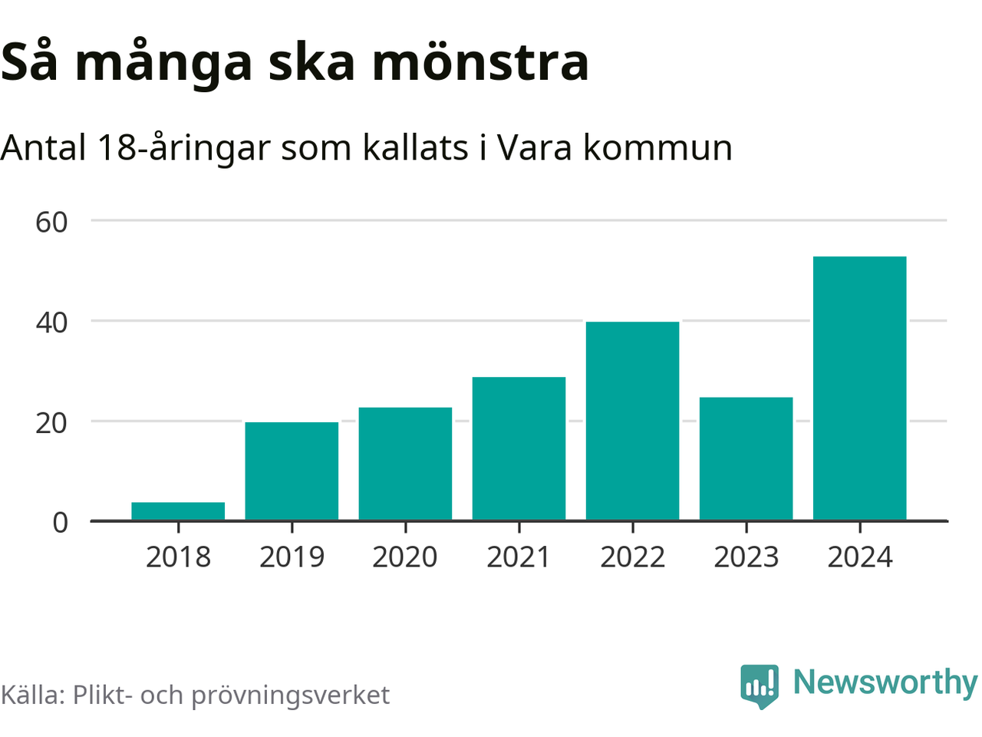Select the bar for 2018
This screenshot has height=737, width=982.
click(x=178, y=511)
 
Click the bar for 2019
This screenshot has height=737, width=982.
click(x=292, y=471)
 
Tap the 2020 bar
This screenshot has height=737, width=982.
click(x=405, y=464)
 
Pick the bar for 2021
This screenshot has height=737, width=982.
click(x=519, y=448)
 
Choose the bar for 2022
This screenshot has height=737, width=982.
click(x=632, y=421)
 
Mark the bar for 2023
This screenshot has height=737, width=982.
click(x=746, y=458)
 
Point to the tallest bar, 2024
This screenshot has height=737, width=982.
click(x=859, y=388)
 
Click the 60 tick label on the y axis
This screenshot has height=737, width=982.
click(x=51, y=222)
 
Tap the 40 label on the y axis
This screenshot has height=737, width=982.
click(x=51, y=322)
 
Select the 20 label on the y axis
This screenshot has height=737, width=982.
click(x=51, y=422)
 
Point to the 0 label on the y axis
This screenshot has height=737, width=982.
click(x=60, y=523)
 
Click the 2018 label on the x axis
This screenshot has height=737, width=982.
click(x=178, y=557)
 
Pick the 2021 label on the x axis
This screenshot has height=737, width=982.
click(x=519, y=557)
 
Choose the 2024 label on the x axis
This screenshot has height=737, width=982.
click(x=859, y=557)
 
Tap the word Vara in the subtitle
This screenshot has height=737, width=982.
click(x=534, y=147)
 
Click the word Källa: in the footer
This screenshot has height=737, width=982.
click(x=32, y=695)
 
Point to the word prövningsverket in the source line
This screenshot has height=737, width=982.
click(x=290, y=696)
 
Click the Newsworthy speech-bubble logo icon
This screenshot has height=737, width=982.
click(x=759, y=685)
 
